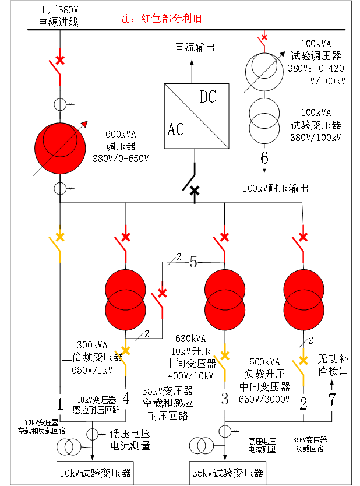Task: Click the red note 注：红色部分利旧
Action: pyautogui.click(x=161, y=19)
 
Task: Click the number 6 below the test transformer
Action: pyautogui.click(x=264, y=158)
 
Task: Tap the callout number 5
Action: pyautogui.click(x=193, y=263)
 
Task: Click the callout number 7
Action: pyautogui.click(x=332, y=400)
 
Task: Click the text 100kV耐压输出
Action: pyautogui.click(x=275, y=188)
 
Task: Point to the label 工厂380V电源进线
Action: pyautogui.click(x=58, y=17)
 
